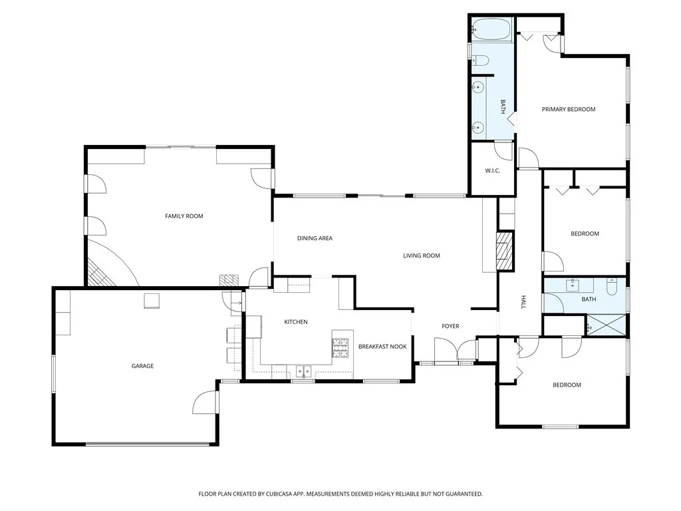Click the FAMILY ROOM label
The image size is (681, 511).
pos(184,216)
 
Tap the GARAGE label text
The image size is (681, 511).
pos(142,366)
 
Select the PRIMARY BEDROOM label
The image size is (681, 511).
pos(568,110)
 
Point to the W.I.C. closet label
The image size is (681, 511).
pos(492,171)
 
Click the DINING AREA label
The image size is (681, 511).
pos(315,238)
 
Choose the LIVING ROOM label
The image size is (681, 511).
pos(422,255)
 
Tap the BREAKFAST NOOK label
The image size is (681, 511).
pos(382,347)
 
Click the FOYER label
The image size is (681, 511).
pos(451,326)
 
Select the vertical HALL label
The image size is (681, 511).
pos(523,303)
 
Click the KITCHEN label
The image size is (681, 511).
pos(296,322)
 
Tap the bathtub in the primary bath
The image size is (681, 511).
pos(491,29)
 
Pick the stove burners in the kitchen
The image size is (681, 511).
pos(340,348)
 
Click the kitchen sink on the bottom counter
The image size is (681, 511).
pos(303,371)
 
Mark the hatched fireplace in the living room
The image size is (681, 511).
pos(505,252)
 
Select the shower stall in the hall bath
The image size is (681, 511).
pos(606,326)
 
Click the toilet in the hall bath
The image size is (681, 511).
pos(613,288)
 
